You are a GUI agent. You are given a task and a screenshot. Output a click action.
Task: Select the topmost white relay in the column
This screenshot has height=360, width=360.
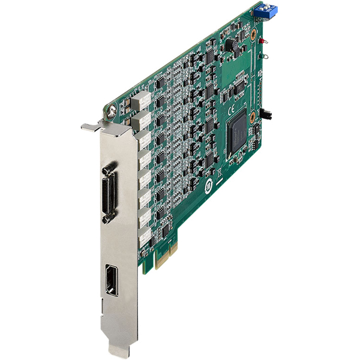(142, 97)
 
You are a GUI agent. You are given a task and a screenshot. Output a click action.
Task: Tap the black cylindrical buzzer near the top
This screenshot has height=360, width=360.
(229, 46)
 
